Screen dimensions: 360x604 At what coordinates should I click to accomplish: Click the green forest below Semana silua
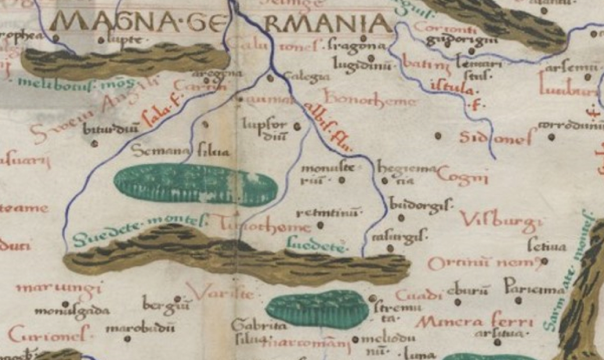point(195,184)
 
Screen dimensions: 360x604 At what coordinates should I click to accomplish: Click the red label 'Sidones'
point(495,138)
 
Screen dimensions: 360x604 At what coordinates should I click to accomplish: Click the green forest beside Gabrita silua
point(318,309)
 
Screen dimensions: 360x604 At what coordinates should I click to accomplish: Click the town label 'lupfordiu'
point(264,130)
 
